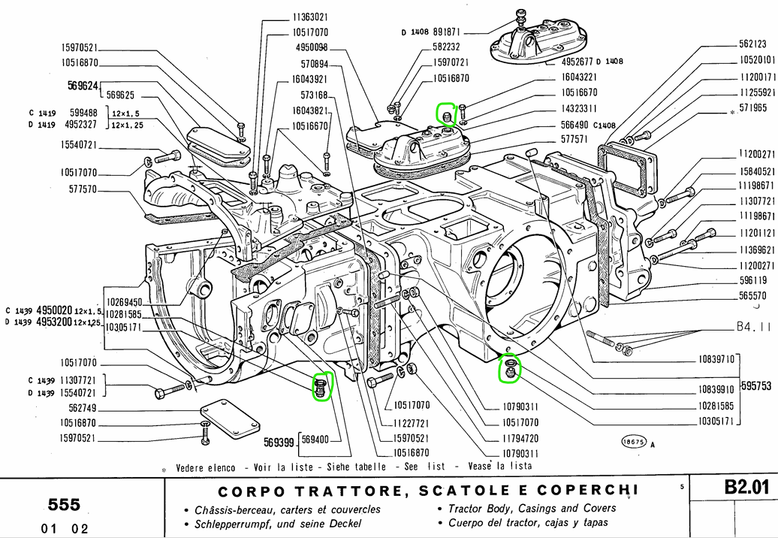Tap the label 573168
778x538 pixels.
coord(314,95)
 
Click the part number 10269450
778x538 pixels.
coord(123,301)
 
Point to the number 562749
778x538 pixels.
coord(79,408)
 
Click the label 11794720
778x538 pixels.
coord(520,437)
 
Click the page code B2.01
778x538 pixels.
coord(746,488)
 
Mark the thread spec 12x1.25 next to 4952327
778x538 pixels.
coord(128,125)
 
